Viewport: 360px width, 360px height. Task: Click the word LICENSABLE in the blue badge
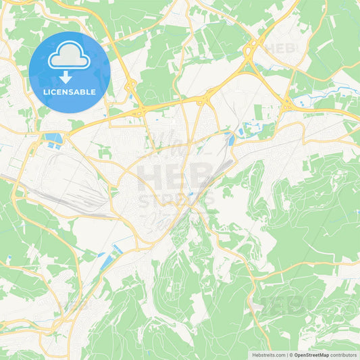pyautogui.click(x=69, y=92)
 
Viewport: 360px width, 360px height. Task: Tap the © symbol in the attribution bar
pyautogui.click(x=290, y=355)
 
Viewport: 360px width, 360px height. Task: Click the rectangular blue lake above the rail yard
pyautogui.click(x=53, y=138)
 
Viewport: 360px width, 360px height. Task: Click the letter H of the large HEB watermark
pyautogui.click(x=150, y=177)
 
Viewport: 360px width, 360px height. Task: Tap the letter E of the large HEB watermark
pyautogui.click(x=175, y=177)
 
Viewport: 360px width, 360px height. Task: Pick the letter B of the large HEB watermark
pyautogui.click(x=199, y=177)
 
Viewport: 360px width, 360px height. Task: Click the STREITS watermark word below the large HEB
pyautogui.click(x=176, y=200)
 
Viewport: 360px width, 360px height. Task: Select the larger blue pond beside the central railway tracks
pyautogui.click(x=231, y=140)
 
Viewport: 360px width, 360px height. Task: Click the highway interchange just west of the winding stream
pyautogui.click(x=286, y=103)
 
